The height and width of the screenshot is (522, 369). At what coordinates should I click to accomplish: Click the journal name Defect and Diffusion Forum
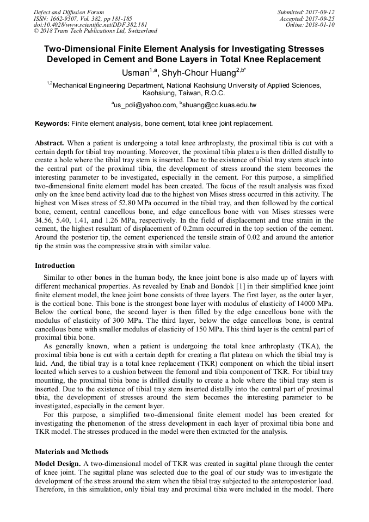coord(69,11)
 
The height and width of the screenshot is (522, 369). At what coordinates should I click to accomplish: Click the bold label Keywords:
coord(52,124)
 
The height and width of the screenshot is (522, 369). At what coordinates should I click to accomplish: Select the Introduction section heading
coord(55,266)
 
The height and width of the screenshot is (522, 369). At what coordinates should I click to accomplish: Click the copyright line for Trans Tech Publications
coord(95,31)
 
